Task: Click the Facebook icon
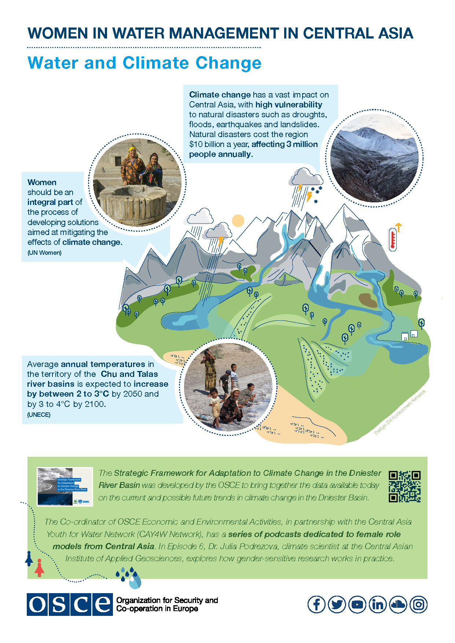(x=316, y=604)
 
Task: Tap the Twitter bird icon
(x=337, y=604)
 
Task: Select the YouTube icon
(x=357, y=604)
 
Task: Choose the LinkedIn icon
(x=377, y=604)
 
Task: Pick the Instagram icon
(x=418, y=604)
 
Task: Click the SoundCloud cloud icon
(x=398, y=604)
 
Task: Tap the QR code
(x=404, y=486)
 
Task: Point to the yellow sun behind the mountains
(x=238, y=221)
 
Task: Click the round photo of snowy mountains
(x=374, y=158)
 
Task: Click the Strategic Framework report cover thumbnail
(x=65, y=486)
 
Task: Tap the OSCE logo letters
(x=70, y=604)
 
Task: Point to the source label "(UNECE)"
(x=39, y=415)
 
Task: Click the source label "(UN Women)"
(x=44, y=253)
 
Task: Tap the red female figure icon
(x=40, y=568)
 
